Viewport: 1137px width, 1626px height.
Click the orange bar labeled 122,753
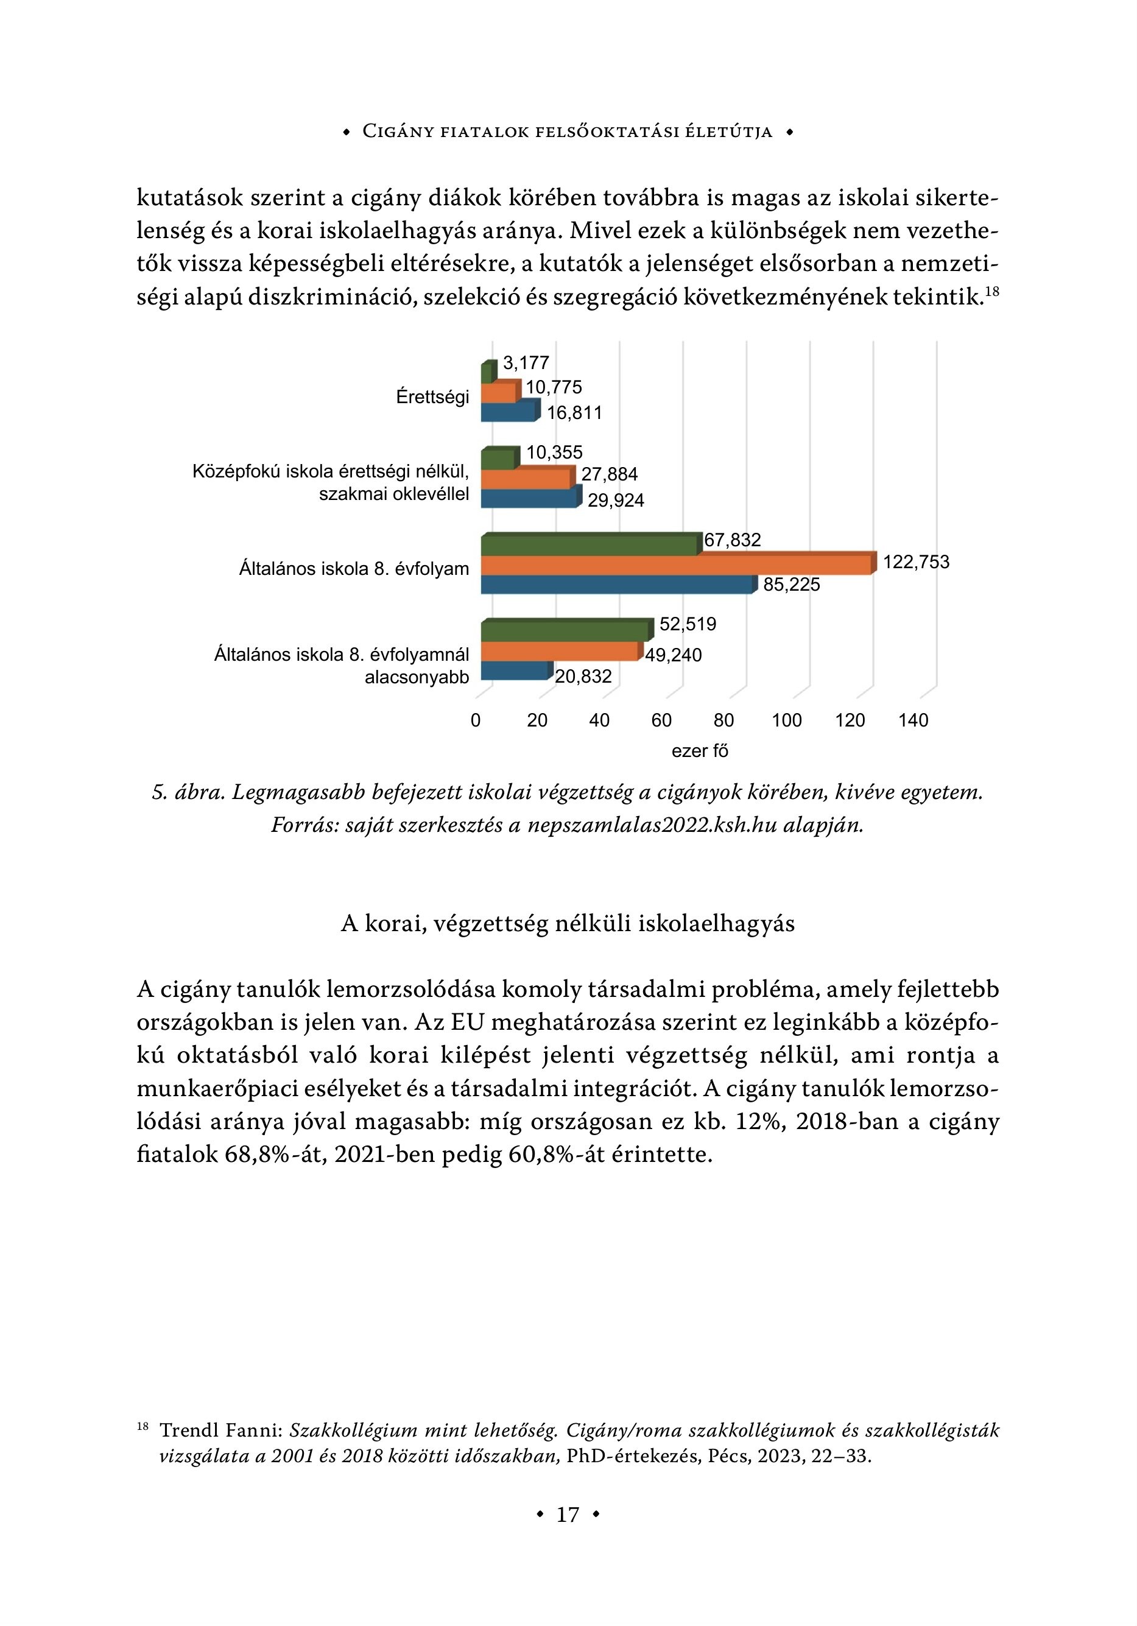click(677, 565)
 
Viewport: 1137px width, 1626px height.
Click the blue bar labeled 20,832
click(515, 670)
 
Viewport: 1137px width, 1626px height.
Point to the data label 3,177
click(526, 364)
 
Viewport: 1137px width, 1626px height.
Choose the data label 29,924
click(616, 501)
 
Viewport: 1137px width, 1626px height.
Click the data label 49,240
click(673, 655)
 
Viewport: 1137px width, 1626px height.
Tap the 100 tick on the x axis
click(786, 720)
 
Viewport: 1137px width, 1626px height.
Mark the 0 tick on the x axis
click(476, 720)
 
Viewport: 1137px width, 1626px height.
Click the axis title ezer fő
click(700, 751)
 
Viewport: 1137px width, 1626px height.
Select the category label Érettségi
click(432, 397)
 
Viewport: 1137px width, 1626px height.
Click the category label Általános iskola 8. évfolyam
click(353, 569)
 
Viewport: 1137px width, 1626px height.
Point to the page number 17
click(568, 1514)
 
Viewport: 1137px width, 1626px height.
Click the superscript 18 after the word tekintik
click(992, 290)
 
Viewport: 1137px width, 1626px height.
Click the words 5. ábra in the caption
click(187, 792)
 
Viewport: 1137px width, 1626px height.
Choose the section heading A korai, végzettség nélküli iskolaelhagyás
click(568, 923)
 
